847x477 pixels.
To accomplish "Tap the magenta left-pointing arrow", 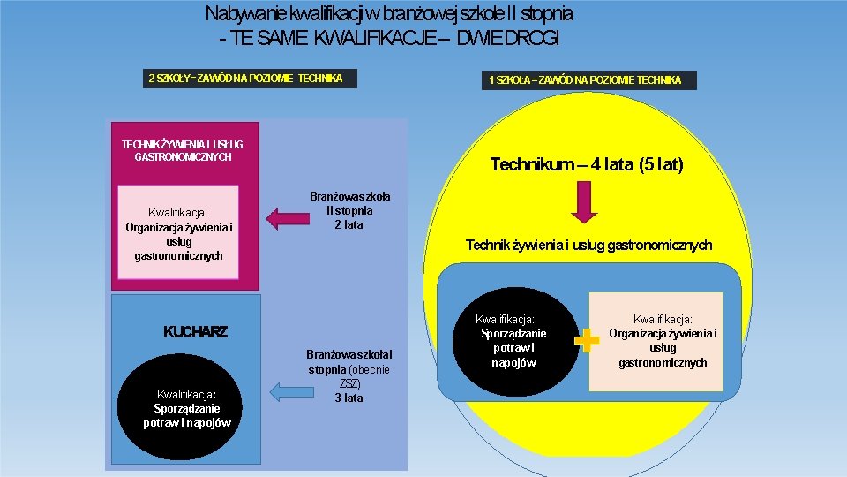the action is [x=284, y=217].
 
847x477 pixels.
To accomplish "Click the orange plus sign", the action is [x=586, y=341].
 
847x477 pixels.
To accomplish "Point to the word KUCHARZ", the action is [x=195, y=332].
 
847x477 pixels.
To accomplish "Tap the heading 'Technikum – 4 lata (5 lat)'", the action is [x=587, y=164].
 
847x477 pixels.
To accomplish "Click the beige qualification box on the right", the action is [x=663, y=340].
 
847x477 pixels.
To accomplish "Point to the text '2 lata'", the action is [x=349, y=225].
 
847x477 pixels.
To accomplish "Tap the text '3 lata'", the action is [x=349, y=398].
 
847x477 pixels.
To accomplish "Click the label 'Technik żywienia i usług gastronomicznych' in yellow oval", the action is [x=588, y=245].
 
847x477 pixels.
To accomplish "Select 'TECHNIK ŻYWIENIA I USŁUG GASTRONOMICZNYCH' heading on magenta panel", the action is [x=182, y=150].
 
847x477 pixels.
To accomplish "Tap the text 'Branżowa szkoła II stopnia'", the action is [x=349, y=204].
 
